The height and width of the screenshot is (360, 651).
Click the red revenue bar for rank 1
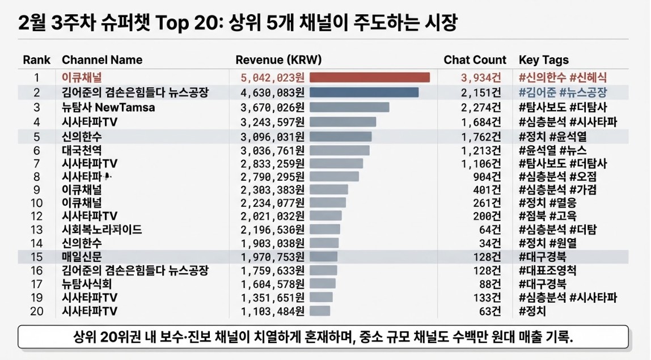pos(369,77)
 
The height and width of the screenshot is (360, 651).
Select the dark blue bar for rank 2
pos(363,92)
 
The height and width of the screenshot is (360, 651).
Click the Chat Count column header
pos(475,60)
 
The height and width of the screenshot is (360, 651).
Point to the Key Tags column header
pos(543,60)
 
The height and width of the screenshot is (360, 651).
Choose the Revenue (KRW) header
pos(278,60)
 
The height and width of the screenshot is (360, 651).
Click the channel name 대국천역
pos(82,150)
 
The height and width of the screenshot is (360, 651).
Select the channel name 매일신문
pos(82,256)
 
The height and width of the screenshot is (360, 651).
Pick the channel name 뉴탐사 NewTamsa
pos(108,107)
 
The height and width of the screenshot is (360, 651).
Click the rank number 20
pos(37,311)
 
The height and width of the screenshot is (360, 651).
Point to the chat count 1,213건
pos(481,150)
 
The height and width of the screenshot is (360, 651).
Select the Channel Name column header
pos(102,60)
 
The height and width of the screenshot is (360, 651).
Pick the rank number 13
pos(37,230)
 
